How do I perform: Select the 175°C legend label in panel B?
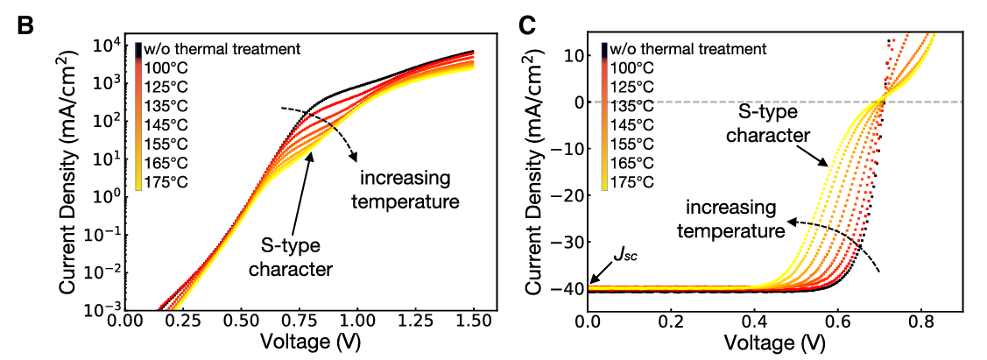[167, 182]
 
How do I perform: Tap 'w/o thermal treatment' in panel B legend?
[223, 48]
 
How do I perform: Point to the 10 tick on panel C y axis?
[574, 55]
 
